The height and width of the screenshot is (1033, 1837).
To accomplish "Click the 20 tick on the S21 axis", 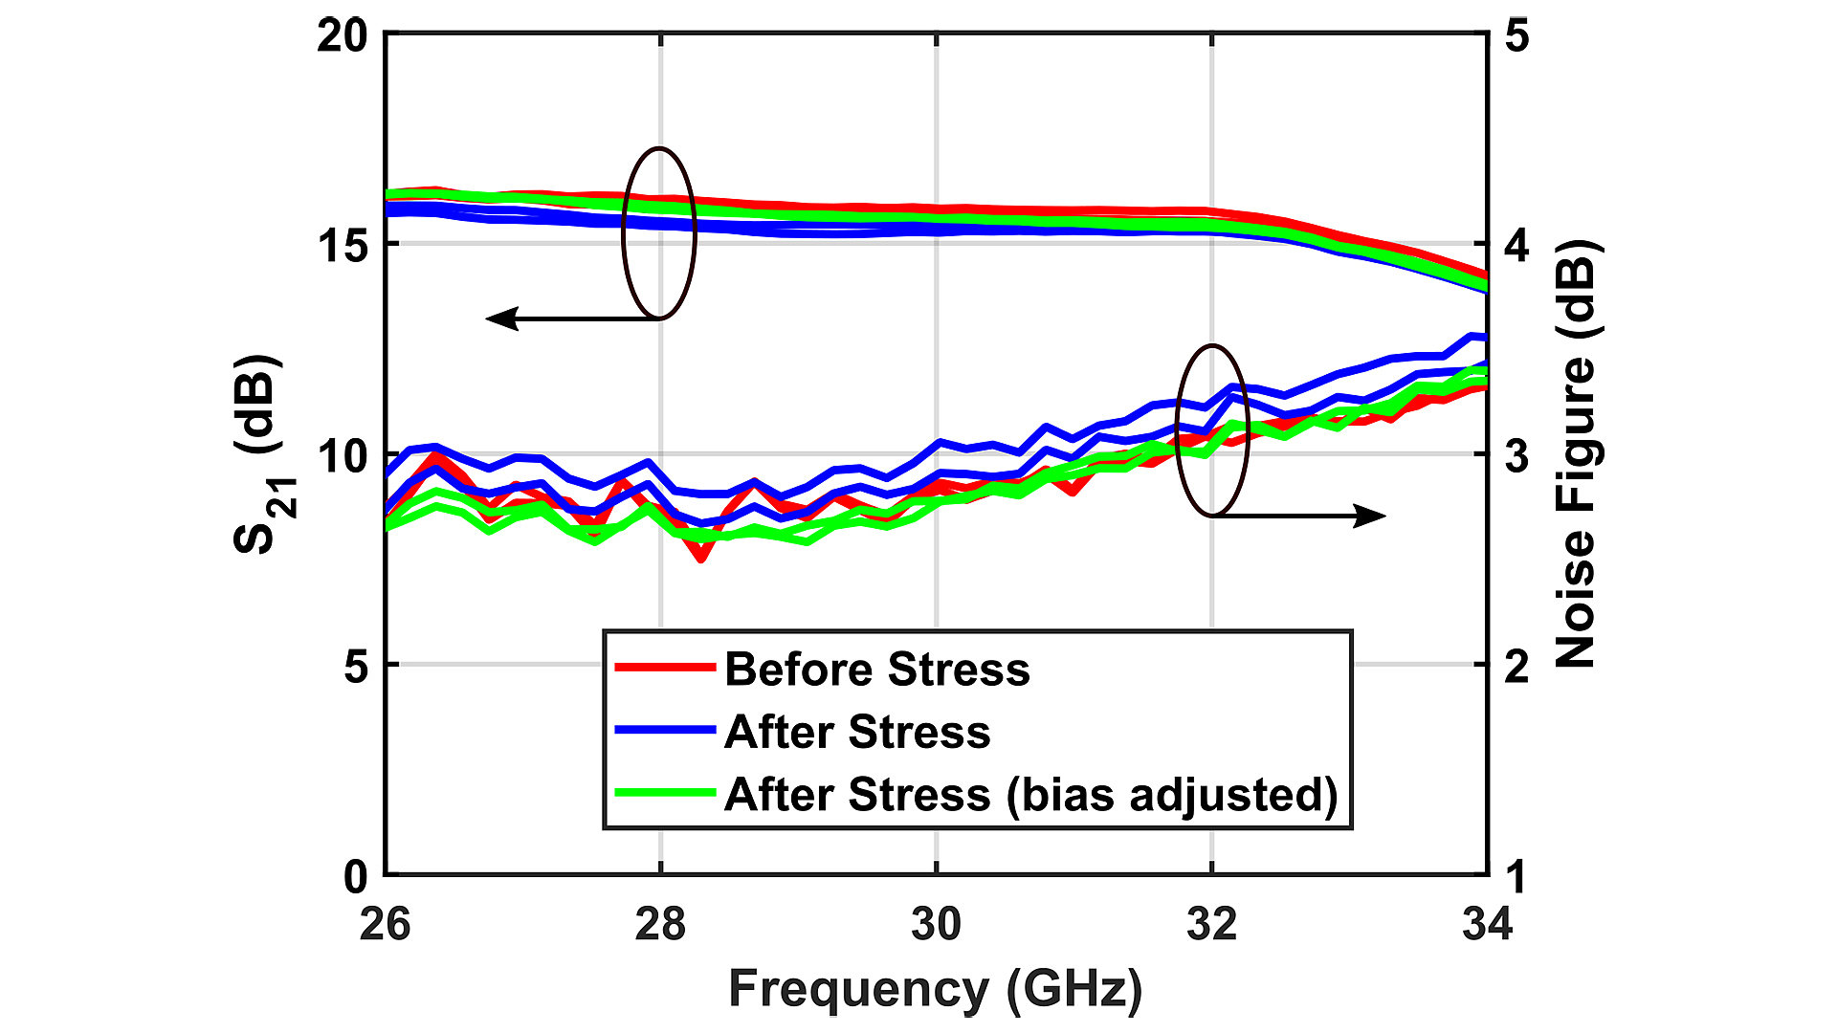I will (x=343, y=36).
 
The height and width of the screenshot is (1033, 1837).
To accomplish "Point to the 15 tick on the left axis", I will (x=343, y=246).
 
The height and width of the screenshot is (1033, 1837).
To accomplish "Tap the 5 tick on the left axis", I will (x=355, y=666).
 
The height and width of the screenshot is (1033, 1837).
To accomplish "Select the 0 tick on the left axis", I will (x=355, y=876).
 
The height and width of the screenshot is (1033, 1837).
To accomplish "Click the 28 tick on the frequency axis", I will (x=660, y=924).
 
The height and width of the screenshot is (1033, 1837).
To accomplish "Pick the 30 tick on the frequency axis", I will (x=936, y=924).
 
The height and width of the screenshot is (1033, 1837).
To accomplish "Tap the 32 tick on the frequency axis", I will (x=1211, y=924).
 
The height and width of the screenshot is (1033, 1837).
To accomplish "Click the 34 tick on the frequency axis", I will (x=1487, y=924).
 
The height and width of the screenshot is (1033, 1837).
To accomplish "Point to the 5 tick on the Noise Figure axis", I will (x=1517, y=36).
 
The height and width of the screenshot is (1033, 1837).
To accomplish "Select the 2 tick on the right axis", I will (x=1517, y=666).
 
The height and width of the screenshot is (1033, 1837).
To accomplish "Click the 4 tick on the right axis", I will (x=1517, y=246).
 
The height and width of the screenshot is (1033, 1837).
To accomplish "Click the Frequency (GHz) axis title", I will (x=935, y=989).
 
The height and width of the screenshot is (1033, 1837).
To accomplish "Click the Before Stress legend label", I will (x=876, y=669).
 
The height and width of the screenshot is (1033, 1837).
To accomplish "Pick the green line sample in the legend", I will (x=664, y=793).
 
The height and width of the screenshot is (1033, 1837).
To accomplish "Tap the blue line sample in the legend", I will (x=664, y=730).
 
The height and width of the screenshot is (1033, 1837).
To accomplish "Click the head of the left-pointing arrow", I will (x=499, y=319).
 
